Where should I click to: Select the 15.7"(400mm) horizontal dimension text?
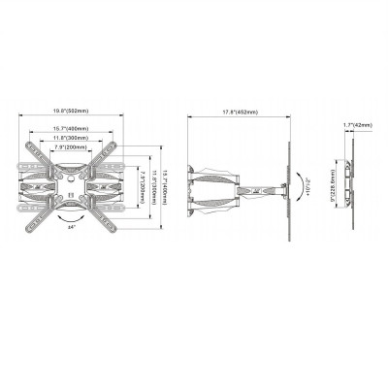pos(74,129)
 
